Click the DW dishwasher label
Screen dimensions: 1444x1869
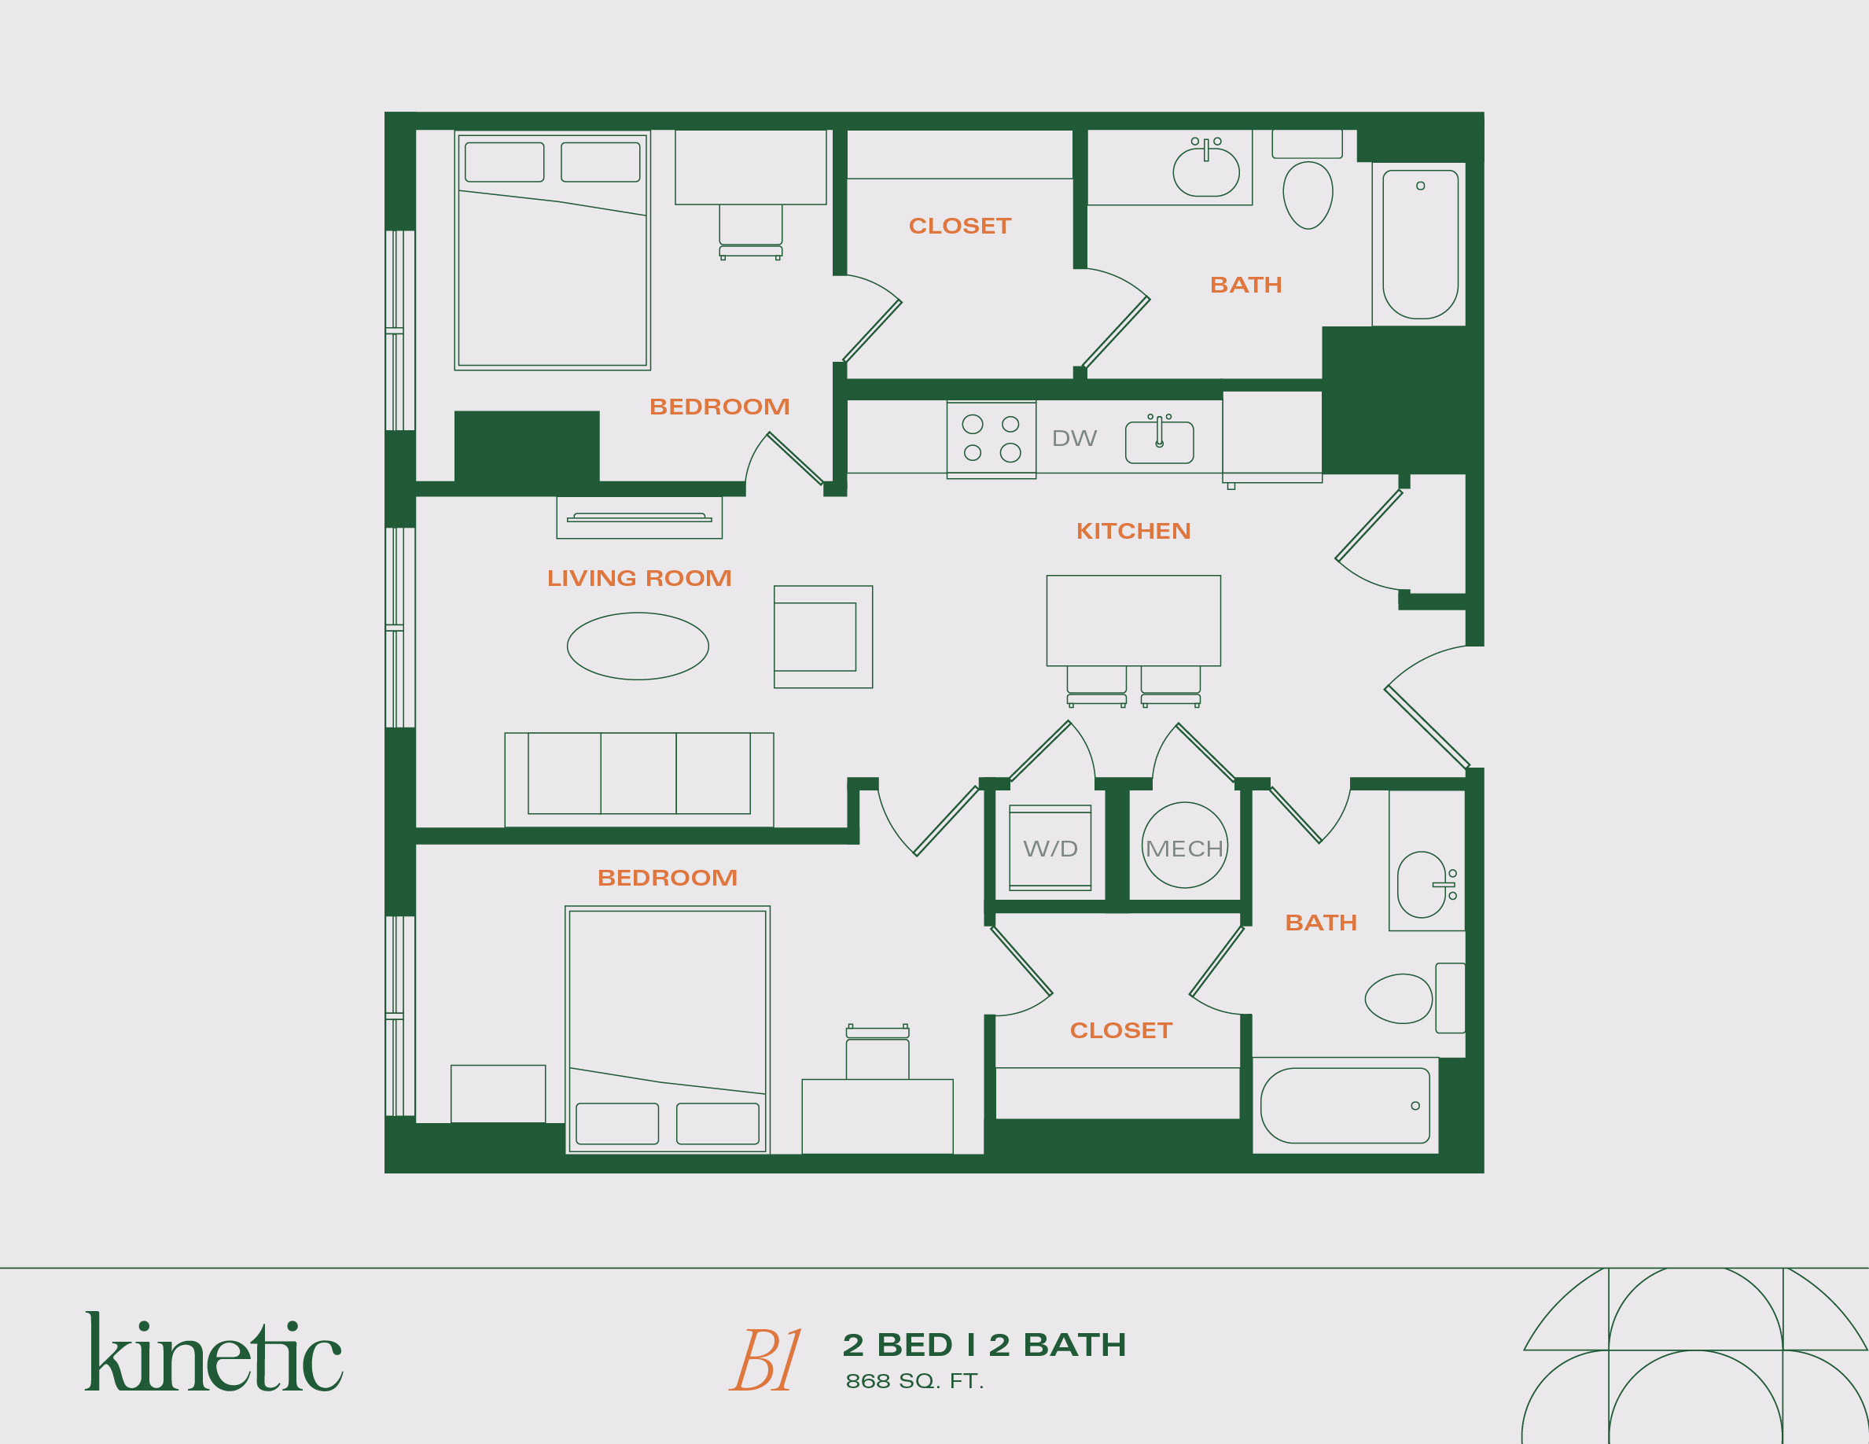coord(1073,438)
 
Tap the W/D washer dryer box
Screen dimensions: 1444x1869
coord(1050,849)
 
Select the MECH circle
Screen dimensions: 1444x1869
coord(1184,845)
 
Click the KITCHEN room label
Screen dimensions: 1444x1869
coord(1133,532)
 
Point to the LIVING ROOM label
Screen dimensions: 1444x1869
coord(639,579)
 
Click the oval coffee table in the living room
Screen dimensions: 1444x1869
coord(638,646)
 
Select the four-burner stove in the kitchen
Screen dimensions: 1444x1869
coord(991,439)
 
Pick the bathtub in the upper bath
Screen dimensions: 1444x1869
coord(1420,244)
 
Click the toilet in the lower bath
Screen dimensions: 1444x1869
coord(1399,998)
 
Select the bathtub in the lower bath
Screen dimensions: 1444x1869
coord(1345,1105)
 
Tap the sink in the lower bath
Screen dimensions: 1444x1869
coord(1422,884)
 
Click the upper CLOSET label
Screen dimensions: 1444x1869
coord(959,226)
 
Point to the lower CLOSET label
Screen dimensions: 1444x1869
coord(1120,1030)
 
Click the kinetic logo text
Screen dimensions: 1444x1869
coord(214,1355)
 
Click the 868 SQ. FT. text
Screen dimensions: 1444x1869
coord(914,1382)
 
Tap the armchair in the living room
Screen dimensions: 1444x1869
coord(822,637)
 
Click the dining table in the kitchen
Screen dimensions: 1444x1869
coord(1133,621)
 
